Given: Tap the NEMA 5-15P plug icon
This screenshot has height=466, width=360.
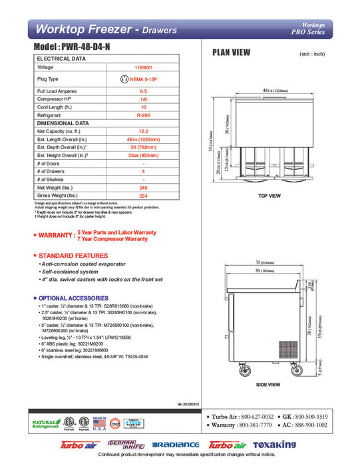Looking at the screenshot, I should [x=124, y=79].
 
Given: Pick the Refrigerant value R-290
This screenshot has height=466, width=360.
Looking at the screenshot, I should [x=144, y=115].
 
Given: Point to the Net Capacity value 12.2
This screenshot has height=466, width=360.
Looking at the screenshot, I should [x=144, y=131].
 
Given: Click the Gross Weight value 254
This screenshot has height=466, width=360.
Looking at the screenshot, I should [x=144, y=196].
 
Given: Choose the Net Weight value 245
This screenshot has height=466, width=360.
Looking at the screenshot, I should [x=144, y=188].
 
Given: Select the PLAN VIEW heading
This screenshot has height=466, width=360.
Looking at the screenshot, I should [x=231, y=52].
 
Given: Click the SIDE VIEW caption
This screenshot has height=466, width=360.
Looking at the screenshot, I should [x=268, y=384].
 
